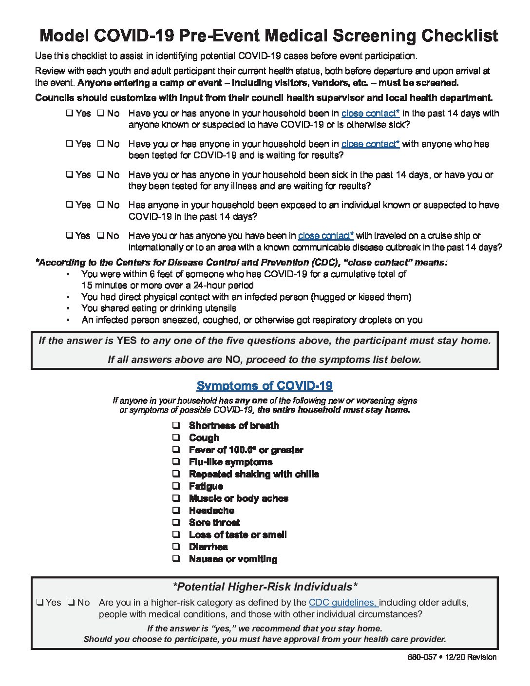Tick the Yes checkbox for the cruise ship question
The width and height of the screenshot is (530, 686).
pos(70,236)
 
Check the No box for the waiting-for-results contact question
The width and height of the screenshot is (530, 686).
pos(100,144)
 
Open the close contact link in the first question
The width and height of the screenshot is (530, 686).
pos(370,114)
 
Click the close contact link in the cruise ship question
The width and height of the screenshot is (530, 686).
pos(326,236)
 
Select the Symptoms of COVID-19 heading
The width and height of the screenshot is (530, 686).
pos(265,386)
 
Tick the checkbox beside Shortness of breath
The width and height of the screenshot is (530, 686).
pos(176,425)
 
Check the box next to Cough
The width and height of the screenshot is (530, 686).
pos(176,438)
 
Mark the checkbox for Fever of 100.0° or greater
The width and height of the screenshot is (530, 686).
pos(176,450)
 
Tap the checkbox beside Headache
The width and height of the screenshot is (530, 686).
pos(176,511)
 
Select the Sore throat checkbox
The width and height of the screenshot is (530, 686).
pos(176,522)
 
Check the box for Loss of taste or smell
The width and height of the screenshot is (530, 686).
pos(176,534)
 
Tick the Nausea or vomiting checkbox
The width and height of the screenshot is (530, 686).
pos(176,559)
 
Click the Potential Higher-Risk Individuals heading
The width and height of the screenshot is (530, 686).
pos(265,587)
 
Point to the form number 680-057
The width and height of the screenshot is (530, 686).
pos(422,657)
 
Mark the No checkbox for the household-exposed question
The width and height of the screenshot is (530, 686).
pos(100,205)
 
